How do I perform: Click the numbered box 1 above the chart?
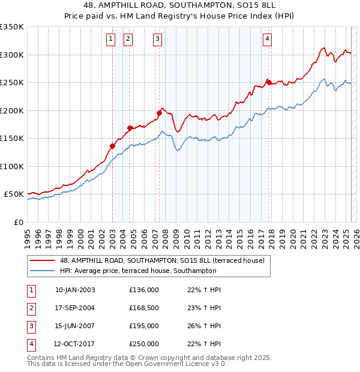coord(111,40)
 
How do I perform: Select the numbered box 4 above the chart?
coord(266,40)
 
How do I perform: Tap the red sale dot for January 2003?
coord(112,146)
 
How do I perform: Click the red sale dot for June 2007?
coord(159,113)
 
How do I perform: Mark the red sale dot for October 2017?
coord(268,82)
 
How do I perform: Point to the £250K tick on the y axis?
coord(12,82)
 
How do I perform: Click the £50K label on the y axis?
coord(13,194)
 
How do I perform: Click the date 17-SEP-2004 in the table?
coord(74,308)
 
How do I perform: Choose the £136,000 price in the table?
coord(144,290)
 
